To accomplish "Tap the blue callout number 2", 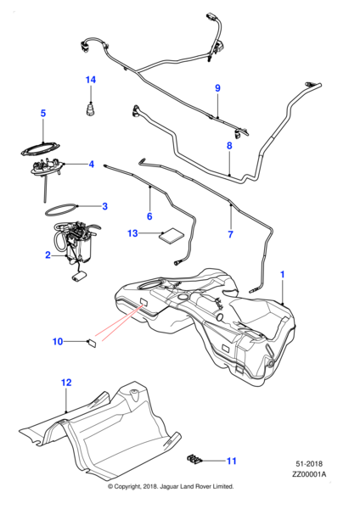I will click(x=48, y=255).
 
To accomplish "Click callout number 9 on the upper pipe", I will click(x=217, y=88).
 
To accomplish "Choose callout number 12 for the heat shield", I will click(x=65, y=383).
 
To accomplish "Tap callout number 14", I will click(x=91, y=80).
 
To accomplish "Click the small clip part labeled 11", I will click(x=194, y=461).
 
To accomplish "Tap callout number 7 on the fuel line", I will click(x=229, y=233).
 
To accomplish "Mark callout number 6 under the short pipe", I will click(x=149, y=216).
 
